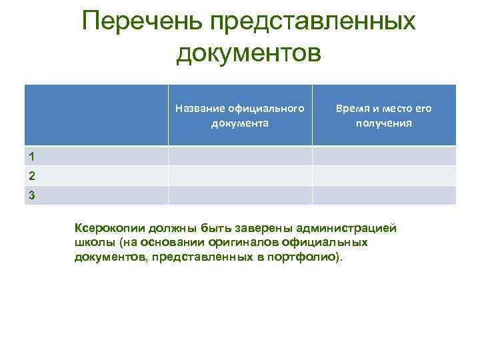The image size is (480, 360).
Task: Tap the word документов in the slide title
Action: (x=249, y=52)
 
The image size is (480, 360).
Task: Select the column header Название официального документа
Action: (x=240, y=115)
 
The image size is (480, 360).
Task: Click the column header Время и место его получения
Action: (x=384, y=115)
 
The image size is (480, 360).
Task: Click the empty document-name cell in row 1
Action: (x=240, y=156)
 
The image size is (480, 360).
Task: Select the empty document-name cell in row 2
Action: (x=240, y=175)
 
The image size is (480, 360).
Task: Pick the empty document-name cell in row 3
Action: (x=240, y=195)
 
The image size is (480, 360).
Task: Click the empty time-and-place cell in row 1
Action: (x=384, y=156)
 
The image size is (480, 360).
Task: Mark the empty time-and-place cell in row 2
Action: (x=384, y=175)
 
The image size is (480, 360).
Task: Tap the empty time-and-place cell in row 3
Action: (x=384, y=195)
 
